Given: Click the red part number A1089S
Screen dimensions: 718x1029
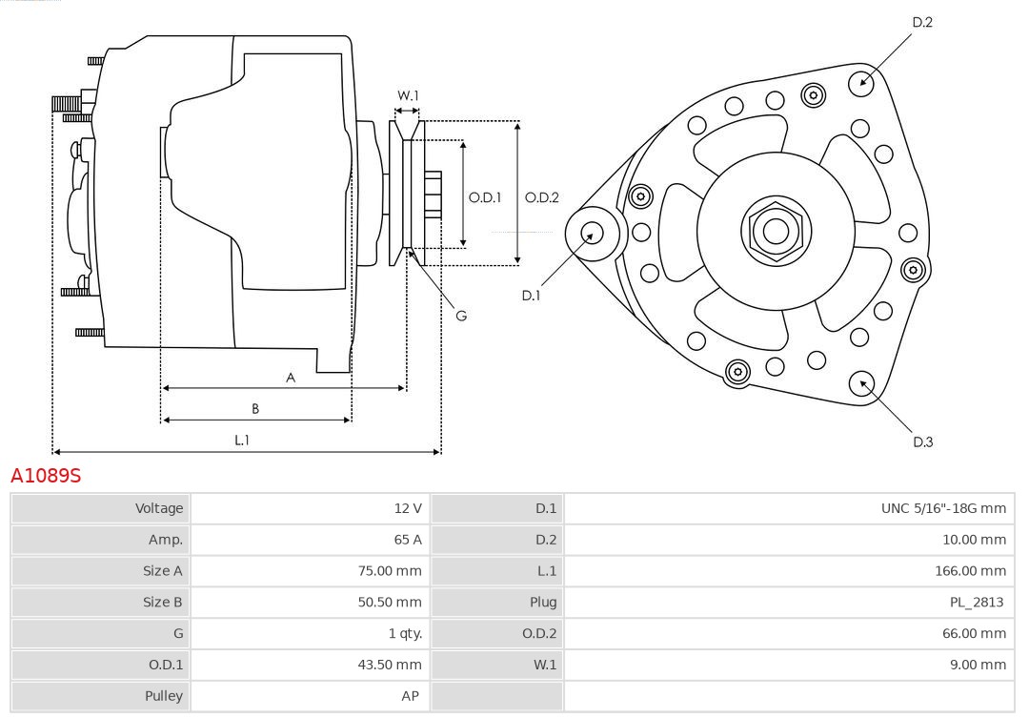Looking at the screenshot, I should [46, 475].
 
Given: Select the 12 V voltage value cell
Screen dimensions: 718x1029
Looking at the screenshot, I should [408, 508].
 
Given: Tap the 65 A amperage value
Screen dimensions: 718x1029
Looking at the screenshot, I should [408, 540].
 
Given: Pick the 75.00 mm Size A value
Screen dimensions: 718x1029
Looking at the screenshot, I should [389, 571].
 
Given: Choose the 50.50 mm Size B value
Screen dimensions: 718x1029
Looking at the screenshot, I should [389, 602].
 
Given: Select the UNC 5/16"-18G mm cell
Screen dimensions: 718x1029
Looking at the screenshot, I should [942, 508].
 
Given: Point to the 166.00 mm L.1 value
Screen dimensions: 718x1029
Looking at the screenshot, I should [970, 571].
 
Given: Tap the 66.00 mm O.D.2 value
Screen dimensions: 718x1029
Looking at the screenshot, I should [973, 633].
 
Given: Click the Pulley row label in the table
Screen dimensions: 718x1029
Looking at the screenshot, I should [163, 696].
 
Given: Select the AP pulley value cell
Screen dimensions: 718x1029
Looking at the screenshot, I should [410, 696].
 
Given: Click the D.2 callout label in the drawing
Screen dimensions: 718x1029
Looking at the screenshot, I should [922, 22].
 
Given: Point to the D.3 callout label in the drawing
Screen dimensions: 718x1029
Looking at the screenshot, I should [922, 441].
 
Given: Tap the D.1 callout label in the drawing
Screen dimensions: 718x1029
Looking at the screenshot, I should [531, 296].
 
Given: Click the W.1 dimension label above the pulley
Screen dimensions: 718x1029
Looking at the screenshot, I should [408, 95].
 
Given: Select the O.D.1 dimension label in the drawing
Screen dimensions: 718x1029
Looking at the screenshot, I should [485, 198].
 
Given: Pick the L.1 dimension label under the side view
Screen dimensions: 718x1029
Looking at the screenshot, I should [242, 440].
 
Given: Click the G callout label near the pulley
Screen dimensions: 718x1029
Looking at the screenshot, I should [461, 316].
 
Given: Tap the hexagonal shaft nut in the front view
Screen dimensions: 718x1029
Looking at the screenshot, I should [776, 231].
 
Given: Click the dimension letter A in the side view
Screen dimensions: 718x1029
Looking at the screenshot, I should [291, 378].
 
